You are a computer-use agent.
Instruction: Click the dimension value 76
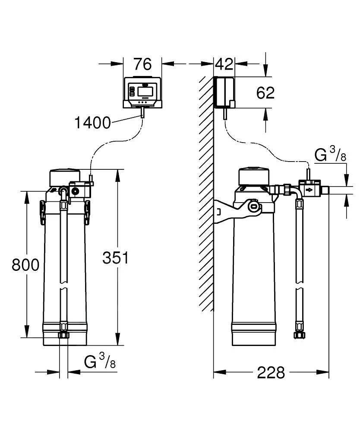click(x=142, y=64)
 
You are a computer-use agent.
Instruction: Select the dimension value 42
click(x=224, y=64)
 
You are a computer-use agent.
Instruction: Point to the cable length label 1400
click(x=92, y=123)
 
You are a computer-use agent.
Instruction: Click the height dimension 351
click(x=115, y=258)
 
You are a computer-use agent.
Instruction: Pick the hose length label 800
click(x=25, y=264)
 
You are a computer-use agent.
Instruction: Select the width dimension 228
click(x=271, y=372)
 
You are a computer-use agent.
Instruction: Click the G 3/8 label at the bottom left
click(x=100, y=361)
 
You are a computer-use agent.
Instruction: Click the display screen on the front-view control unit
click(x=144, y=91)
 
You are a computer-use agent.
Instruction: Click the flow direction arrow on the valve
click(x=309, y=190)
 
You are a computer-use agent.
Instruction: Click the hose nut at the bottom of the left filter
click(x=63, y=335)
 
